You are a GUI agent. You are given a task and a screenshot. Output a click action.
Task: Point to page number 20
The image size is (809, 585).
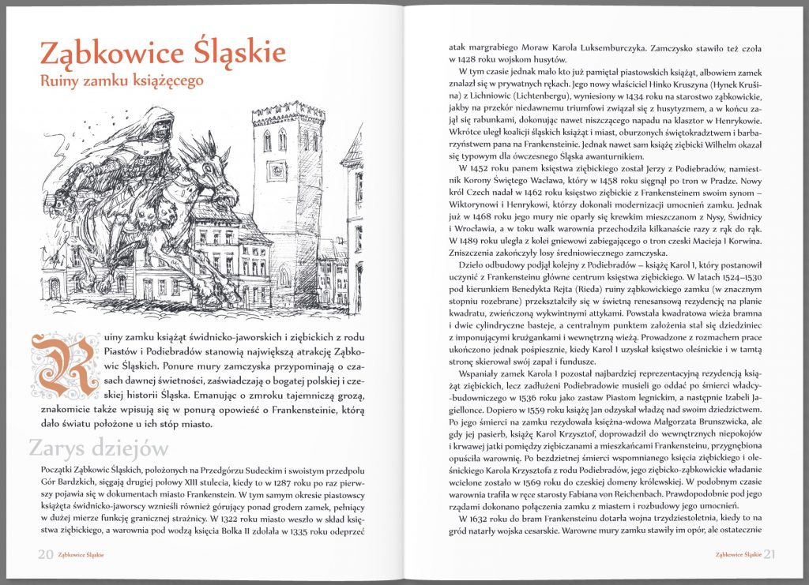click(x=46, y=553)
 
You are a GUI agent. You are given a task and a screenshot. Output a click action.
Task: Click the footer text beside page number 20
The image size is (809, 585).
click(x=83, y=554)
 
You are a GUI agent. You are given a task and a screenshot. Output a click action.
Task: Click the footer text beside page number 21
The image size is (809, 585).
click(x=737, y=554)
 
